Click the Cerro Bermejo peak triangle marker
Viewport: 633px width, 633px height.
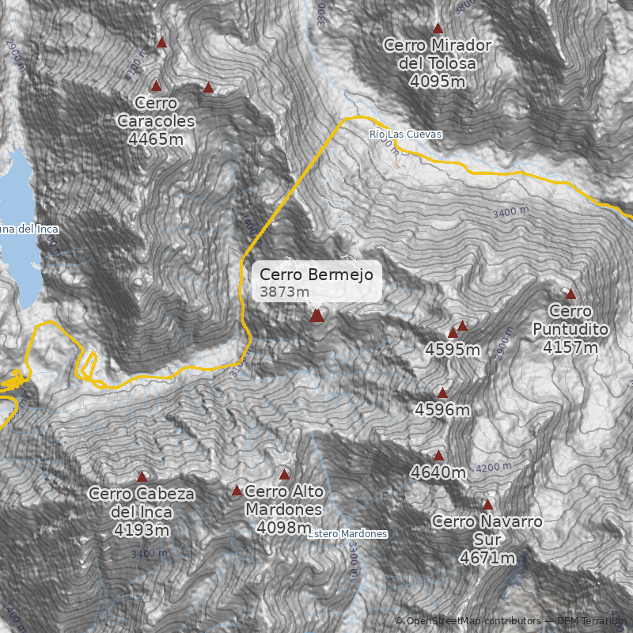click(316, 316)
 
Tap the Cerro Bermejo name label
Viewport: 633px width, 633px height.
click(316, 275)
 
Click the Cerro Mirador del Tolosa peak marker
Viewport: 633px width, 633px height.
click(438, 28)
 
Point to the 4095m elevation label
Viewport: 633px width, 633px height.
click(437, 81)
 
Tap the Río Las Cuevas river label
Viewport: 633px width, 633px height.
click(405, 135)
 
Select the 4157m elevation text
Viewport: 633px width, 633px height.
click(570, 347)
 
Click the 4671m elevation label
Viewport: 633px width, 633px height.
click(487, 558)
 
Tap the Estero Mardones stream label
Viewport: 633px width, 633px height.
click(348, 534)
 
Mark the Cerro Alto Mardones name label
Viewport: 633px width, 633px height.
click(284, 500)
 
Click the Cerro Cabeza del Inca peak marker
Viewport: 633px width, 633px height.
click(142, 477)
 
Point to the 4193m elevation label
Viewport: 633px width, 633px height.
click(142, 529)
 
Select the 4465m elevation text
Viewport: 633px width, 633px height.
click(155, 139)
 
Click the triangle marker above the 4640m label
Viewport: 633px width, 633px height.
click(438, 455)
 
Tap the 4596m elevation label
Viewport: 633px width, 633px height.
click(442, 410)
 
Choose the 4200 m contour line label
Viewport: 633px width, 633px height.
click(495, 468)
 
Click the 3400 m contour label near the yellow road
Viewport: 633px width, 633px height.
click(510, 212)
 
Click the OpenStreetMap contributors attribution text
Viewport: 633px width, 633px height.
click(467, 621)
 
